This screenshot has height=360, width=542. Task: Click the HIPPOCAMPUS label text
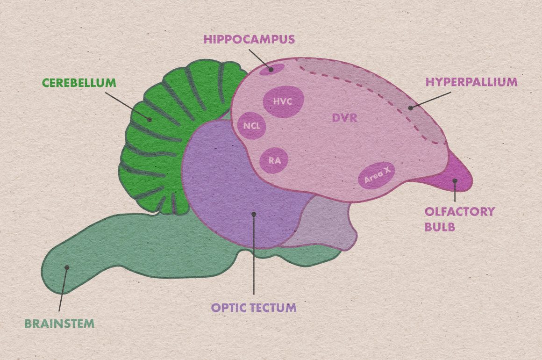click(x=249, y=39)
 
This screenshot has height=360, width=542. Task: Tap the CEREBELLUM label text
click(x=79, y=83)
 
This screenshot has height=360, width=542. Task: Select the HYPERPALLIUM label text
click(x=471, y=82)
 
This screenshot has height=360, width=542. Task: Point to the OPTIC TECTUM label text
click(x=253, y=308)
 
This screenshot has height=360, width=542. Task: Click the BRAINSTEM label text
click(x=59, y=323)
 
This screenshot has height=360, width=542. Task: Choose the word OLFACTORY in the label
click(x=459, y=211)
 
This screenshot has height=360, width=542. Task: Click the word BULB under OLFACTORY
click(x=440, y=227)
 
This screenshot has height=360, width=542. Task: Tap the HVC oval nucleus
click(x=283, y=101)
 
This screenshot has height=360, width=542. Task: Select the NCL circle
click(x=252, y=126)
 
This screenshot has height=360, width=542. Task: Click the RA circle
click(x=274, y=160)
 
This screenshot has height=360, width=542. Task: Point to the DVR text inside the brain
click(x=344, y=118)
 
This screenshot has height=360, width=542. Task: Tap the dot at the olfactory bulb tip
click(x=454, y=180)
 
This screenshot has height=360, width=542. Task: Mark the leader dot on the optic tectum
click(x=254, y=214)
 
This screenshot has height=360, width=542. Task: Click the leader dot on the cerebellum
click(x=150, y=119)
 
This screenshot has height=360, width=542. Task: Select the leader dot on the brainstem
click(x=67, y=267)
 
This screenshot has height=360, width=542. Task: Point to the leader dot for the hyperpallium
click(x=411, y=108)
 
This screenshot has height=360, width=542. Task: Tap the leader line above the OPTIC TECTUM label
click(x=254, y=262)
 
